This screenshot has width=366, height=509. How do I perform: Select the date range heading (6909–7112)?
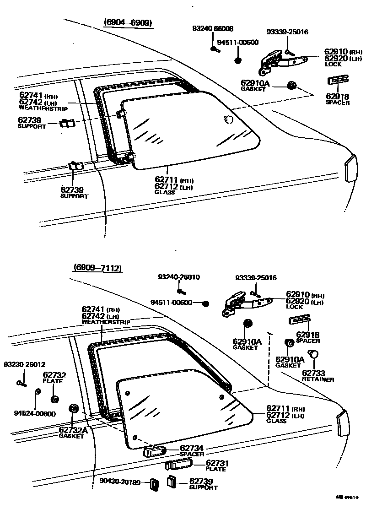pos(97,268)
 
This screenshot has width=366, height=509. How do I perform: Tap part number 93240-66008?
pos(212,29)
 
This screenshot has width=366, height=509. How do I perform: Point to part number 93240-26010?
pos(179,277)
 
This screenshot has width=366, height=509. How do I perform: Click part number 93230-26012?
pos(25,364)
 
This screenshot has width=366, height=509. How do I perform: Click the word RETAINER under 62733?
pos(318,379)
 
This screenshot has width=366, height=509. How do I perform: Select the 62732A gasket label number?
pos(73,430)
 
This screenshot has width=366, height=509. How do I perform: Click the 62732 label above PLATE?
pos(54,375)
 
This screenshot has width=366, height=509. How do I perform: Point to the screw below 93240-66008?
pos(213,49)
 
